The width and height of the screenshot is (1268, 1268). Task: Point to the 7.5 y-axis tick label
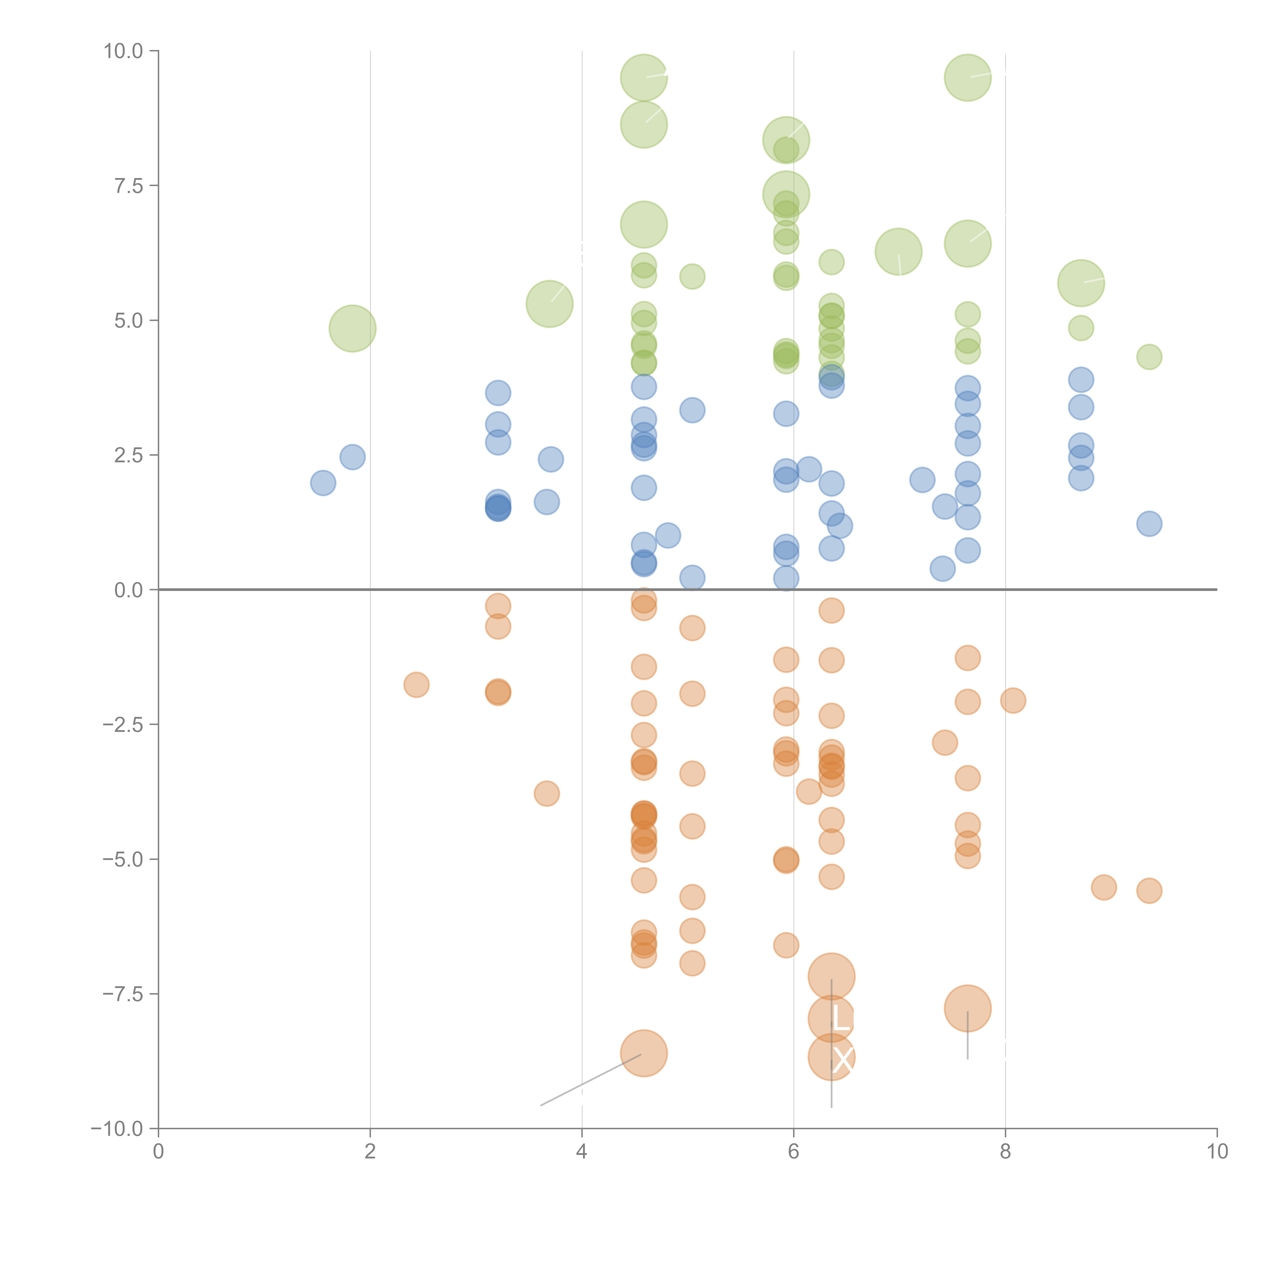(x=129, y=186)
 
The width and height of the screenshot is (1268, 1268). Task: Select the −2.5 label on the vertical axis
(x=123, y=725)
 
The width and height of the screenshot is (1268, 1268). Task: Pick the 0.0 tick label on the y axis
(x=129, y=590)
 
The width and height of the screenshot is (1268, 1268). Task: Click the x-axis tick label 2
(x=370, y=1152)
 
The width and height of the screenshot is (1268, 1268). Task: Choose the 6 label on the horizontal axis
(x=794, y=1152)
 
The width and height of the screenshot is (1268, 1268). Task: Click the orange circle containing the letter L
(x=831, y=1019)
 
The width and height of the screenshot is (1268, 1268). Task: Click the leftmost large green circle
(x=353, y=328)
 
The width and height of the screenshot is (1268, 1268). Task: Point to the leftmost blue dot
(x=323, y=483)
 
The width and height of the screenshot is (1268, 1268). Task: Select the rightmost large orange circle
(x=967, y=1008)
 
